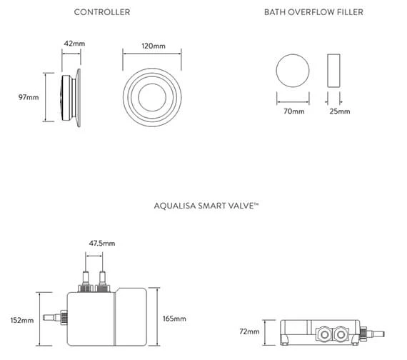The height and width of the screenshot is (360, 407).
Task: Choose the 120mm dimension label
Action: [x=154, y=46]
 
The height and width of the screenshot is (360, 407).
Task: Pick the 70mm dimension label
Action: [x=293, y=111]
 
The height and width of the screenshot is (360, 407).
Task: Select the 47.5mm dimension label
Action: [x=101, y=244]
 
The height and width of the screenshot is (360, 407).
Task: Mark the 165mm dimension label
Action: [x=174, y=318]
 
